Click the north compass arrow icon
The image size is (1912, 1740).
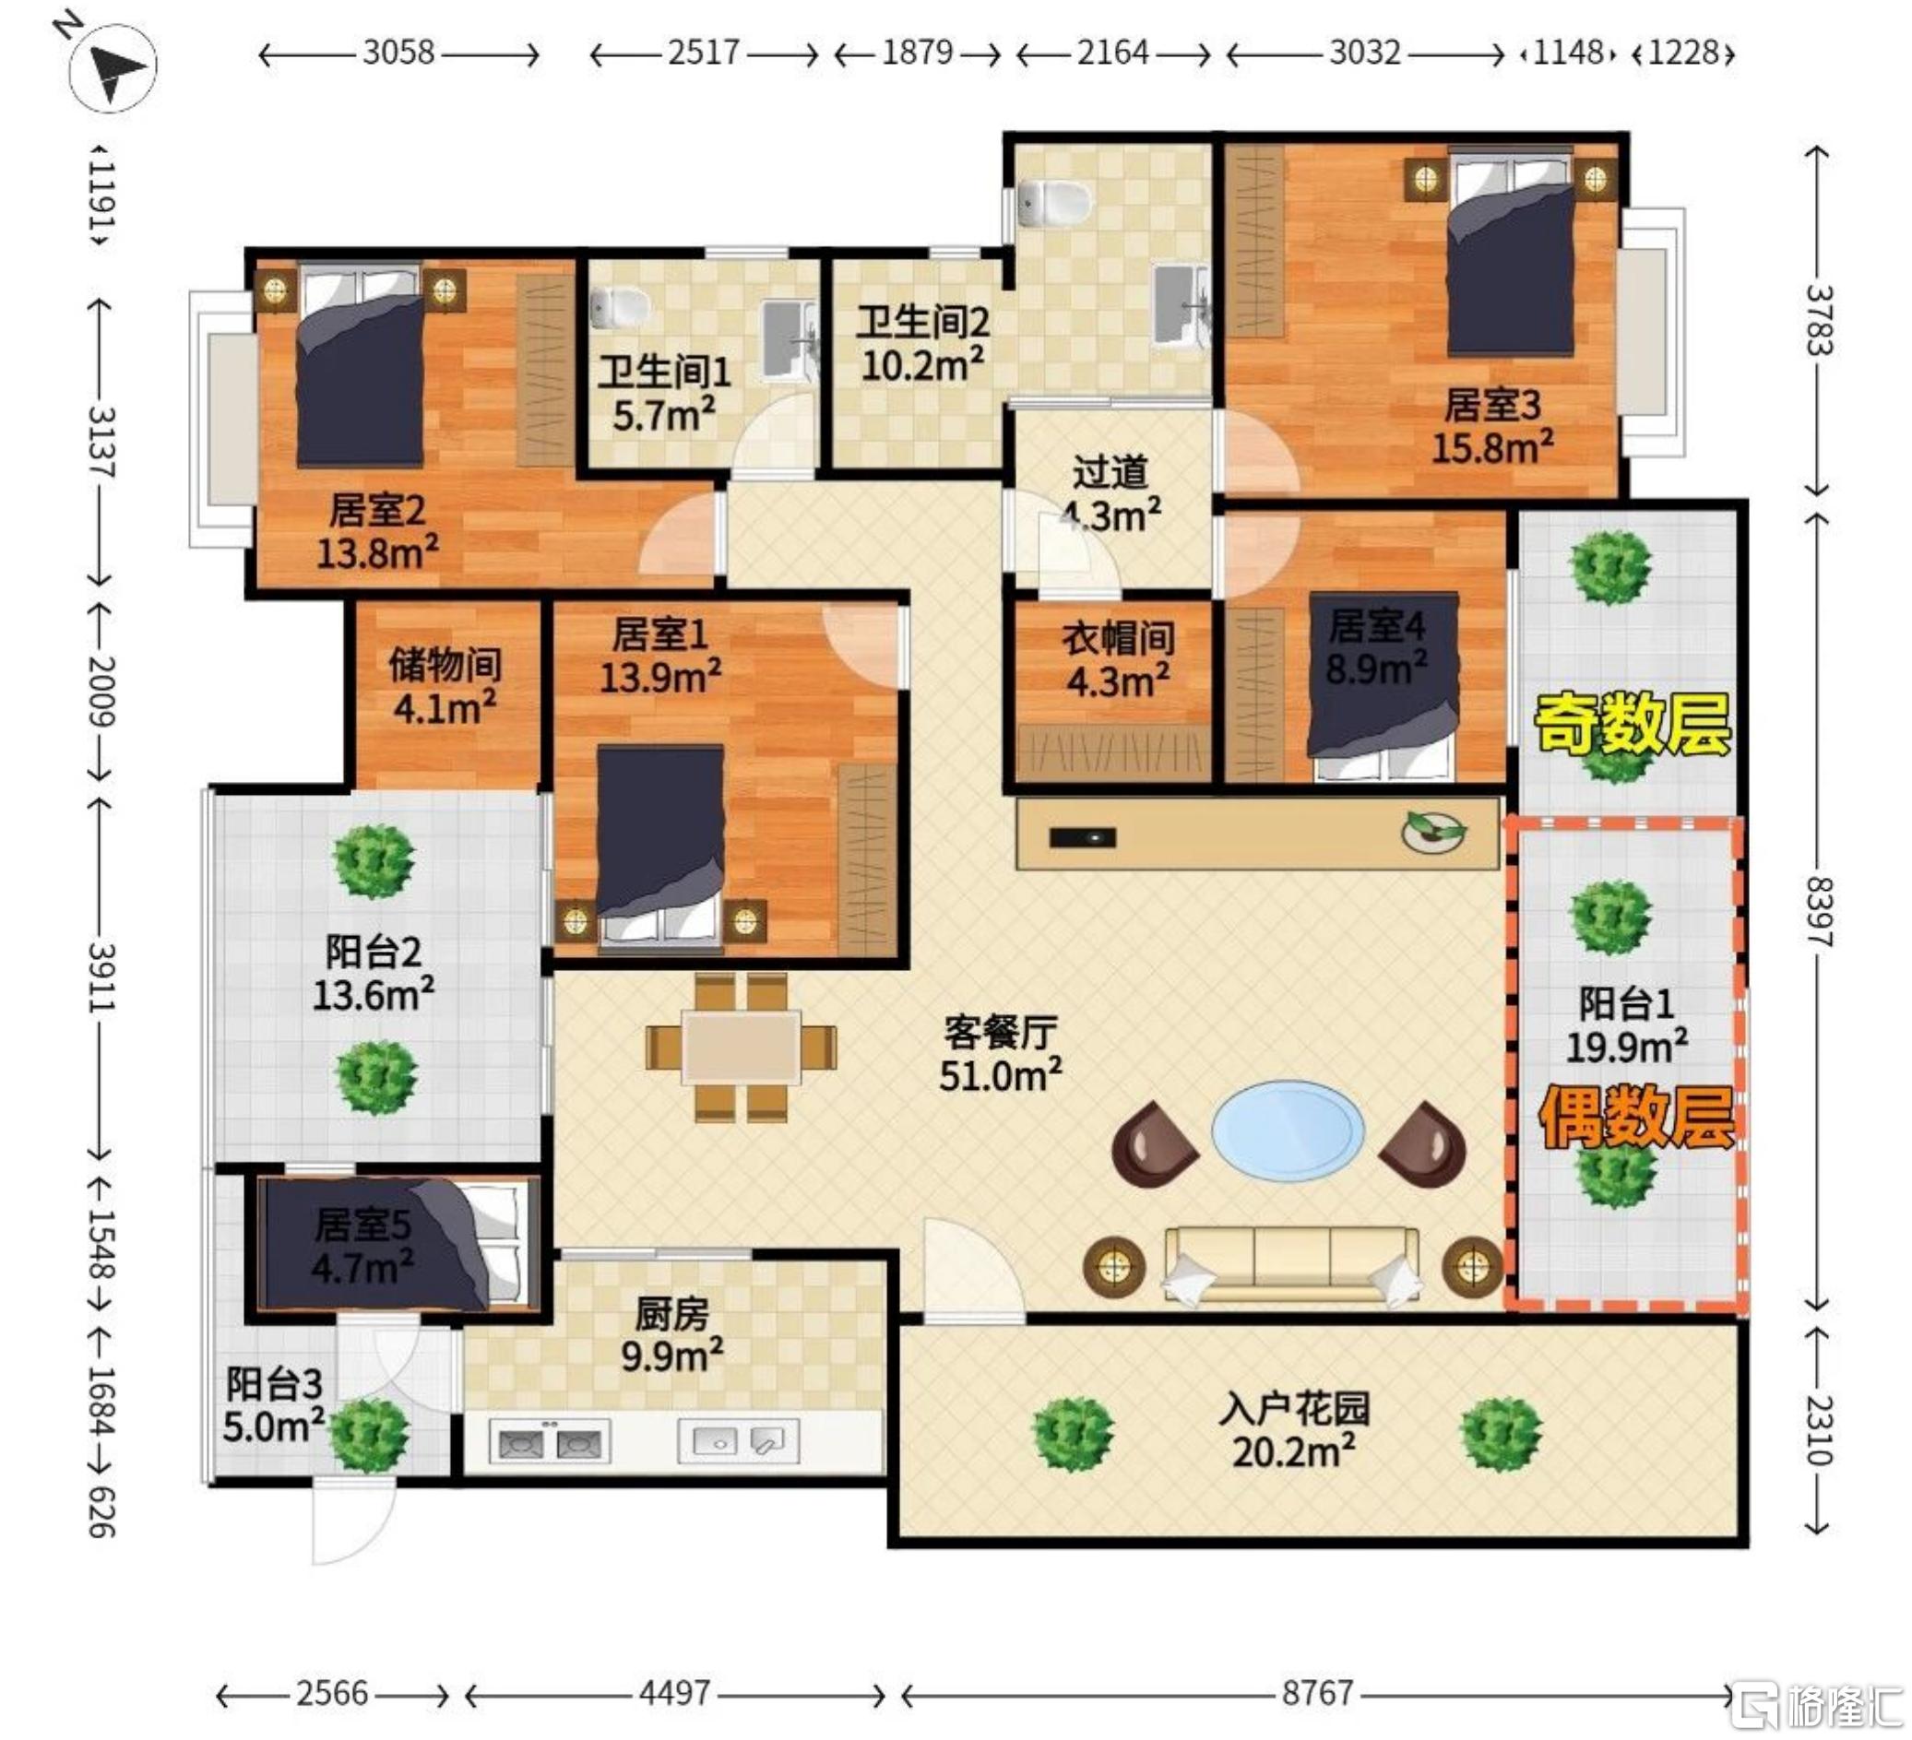[112, 65]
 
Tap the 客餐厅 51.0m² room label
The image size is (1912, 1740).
[1000, 1053]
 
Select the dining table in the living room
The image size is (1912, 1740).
[741, 1048]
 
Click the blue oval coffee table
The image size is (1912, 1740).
[1288, 1131]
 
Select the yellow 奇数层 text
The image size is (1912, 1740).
[1632, 724]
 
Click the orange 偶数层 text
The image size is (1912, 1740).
[1636, 1117]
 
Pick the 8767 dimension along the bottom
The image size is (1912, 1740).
[1317, 1693]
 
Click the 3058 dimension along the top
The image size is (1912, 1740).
[398, 53]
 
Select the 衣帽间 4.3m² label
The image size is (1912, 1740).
[1118, 659]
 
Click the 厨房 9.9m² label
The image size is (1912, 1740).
[671, 1334]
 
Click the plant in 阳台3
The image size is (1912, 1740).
[369, 1435]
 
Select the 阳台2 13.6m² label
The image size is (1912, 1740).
[373, 972]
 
